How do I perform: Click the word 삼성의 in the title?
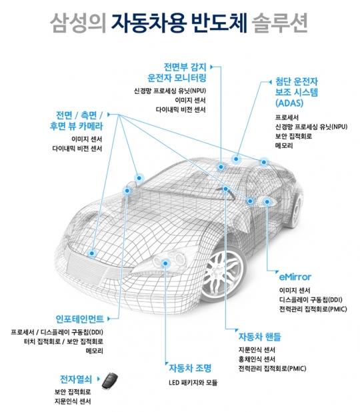pyautogui.click(x=78, y=23)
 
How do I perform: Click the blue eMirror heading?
pyautogui.click(x=295, y=277)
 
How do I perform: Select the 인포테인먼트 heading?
pyautogui.click(x=79, y=319)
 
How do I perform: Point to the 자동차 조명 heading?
pyautogui.click(x=190, y=368)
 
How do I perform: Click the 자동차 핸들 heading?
pyautogui.click(x=259, y=337)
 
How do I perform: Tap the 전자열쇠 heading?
pyautogui.click(x=76, y=379)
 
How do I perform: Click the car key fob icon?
pyautogui.click(x=110, y=381)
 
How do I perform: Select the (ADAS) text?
pyautogui.click(x=289, y=103)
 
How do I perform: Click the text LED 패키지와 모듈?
pyautogui.click(x=193, y=383)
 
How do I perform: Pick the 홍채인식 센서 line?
pyautogui.click(x=257, y=359)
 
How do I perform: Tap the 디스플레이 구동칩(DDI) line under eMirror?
pyautogui.click(x=311, y=300)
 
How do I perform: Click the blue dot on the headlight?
pyautogui.click(x=165, y=263)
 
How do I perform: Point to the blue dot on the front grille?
pyautogui.click(x=92, y=253)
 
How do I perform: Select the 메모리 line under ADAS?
pyautogui.click(x=284, y=145)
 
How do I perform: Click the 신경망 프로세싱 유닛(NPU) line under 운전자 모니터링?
pyautogui.click(x=170, y=91)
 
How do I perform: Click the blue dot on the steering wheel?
pyautogui.click(x=225, y=189)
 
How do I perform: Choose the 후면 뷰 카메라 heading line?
pyautogui.click(x=76, y=126)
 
